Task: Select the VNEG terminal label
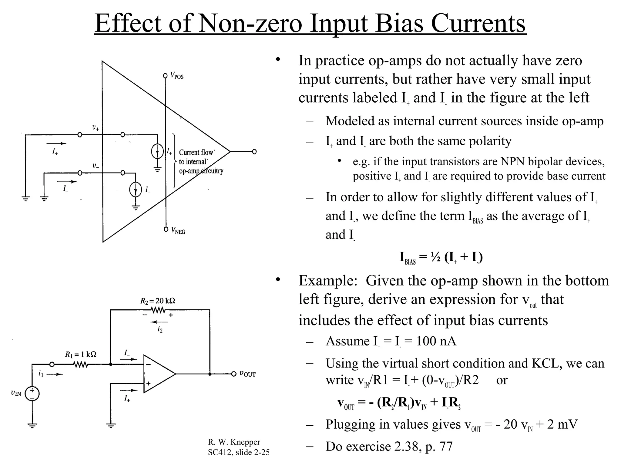click(178, 231)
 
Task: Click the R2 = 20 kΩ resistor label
click(158, 301)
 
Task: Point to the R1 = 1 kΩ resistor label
click(81, 354)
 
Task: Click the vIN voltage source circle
click(32, 394)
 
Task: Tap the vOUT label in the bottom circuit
click(247, 374)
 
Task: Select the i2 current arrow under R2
click(159, 322)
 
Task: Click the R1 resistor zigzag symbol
click(81, 364)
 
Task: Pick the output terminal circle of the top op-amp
click(254, 151)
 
